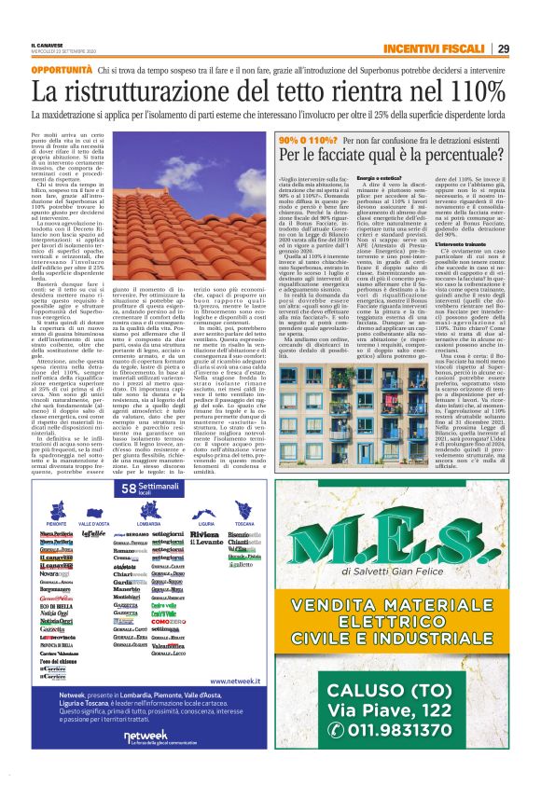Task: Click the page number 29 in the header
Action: pos(503,48)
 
